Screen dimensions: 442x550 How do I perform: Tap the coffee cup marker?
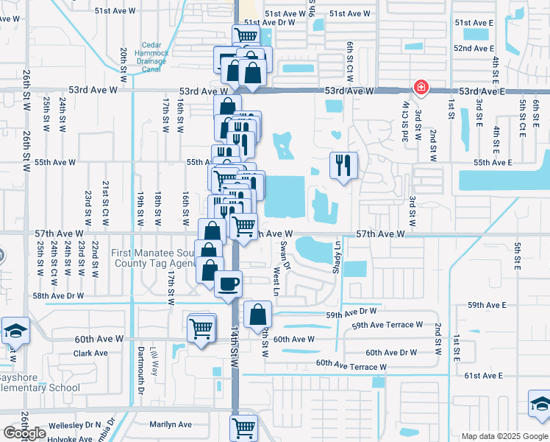pyautogui.click(x=228, y=283)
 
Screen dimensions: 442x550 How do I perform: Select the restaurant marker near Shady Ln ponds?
pyautogui.click(x=343, y=165)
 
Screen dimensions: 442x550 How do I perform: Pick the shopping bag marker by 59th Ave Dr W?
pyautogui.click(x=257, y=315)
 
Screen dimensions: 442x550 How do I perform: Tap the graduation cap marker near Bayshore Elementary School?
pyautogui.click(x=14, y=331)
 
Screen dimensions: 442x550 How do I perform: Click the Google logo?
pyautogui.click(x=25, y=433)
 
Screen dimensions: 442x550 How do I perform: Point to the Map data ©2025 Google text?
pyautogui.click(x=504, y=436)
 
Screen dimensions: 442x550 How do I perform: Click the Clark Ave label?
pyautogui.click(x=91, y=353)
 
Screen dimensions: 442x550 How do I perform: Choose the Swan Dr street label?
pyautogui.click(x=287, y=256)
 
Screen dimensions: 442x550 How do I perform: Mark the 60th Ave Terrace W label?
pyautogui.click(x=351, y=365)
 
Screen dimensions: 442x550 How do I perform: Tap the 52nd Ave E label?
pyautogui.click(x=474, y=49)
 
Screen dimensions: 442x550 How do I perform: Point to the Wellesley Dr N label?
pyautogui.click(x=74, y=426)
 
